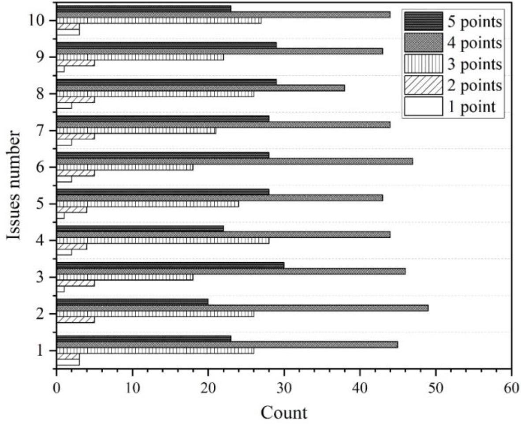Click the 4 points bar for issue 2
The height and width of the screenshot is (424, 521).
pyautogui.click(x=242, y=308)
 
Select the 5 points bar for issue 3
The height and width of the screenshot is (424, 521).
pyautogui.click(x=170, y=265)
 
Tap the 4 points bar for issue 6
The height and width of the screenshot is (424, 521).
pyautogui.click(x=234, y=161)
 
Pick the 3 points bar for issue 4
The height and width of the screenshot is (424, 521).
pyautogui.click(x=163, y=241)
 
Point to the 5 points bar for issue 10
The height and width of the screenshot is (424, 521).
pyautogui.click(x=144, y=9)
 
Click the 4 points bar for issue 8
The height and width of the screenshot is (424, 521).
pyautogui.click(x=201, y=88)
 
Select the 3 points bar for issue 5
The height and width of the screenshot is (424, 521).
pyautogui.click(x=148, y=204)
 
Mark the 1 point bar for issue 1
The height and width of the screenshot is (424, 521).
pyautogui.click(x=68, y=362)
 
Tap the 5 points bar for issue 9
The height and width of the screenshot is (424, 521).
pyautogui.click(x=167, y=45)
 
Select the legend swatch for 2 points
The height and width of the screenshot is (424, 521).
pyautogui.click(x=423, y=85)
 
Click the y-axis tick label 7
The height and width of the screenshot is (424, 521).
pyautogui.click(x=40, y=130)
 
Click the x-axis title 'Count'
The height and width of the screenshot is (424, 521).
pyautogui.click(x=284, y=413)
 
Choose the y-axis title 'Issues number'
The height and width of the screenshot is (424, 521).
pyautogui.click(x=14, y=185)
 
